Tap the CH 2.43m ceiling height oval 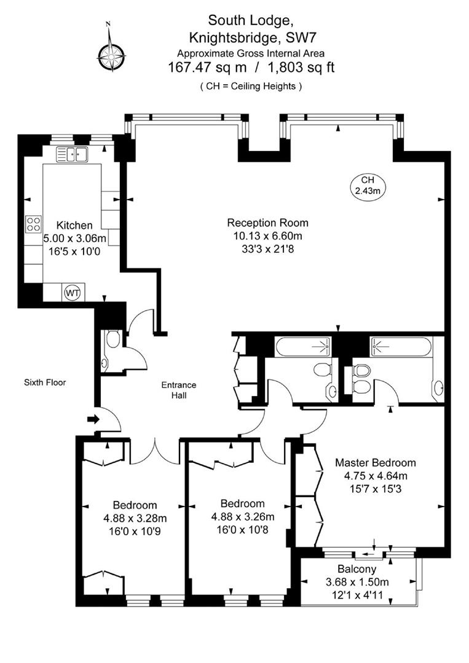[367, 185]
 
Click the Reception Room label [267, 223]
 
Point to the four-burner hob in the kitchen [33, 225]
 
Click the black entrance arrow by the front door [93, 420]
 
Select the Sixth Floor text [45, 382]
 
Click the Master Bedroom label [375, 463]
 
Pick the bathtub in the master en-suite [398, 347]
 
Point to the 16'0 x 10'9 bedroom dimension [134, 530]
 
